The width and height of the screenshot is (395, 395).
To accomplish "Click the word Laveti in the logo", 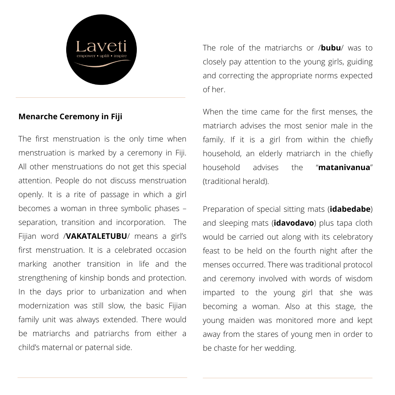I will (x=101, y=47).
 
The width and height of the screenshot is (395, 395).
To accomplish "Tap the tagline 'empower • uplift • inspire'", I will (x=101, y=56).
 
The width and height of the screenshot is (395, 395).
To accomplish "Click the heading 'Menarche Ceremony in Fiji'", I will (x=70, y=117).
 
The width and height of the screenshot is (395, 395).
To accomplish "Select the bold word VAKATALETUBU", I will (x=97, y=236).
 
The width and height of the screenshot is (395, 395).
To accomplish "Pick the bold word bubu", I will (x=331, y=48).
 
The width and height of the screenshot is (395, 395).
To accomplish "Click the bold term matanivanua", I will (x=344, y=168).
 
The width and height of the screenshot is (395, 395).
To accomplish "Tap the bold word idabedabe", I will (x=350, y=209).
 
